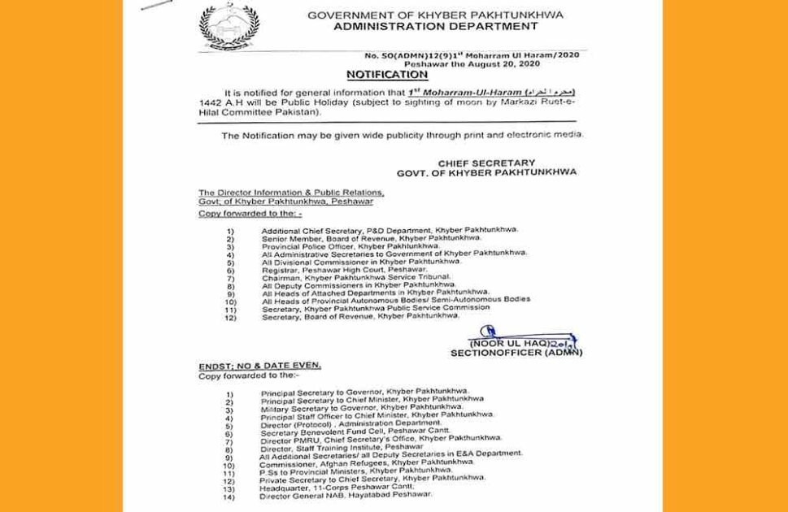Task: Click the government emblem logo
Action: tap(229, 28)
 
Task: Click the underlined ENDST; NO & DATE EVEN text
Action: tap(259, 367)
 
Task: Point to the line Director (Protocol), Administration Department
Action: tap(350, 424)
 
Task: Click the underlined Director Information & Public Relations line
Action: tap(290, 192)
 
